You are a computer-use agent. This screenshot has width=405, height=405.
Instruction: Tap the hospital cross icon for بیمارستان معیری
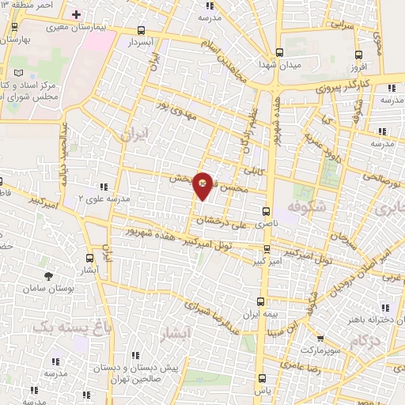pos(76,15)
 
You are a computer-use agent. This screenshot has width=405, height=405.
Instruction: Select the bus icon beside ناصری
pos(265,211)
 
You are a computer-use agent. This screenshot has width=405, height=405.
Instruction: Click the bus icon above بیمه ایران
pos(261,301)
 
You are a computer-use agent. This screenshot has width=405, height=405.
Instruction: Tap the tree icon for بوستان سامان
pos(49,275)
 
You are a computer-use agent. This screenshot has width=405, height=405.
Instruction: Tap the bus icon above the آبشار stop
pos(89,257)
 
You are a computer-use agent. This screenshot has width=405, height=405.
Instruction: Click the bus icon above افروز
pos(360,55)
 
